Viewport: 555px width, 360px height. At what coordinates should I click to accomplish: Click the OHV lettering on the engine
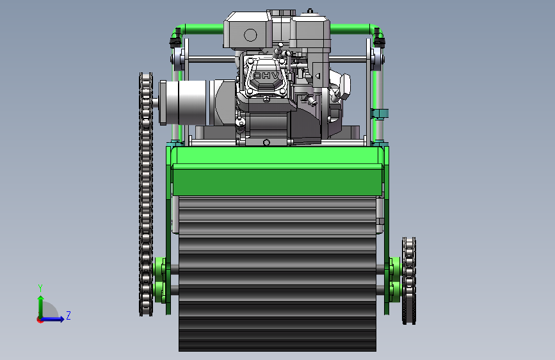pyautogui.click(x=266, y=76)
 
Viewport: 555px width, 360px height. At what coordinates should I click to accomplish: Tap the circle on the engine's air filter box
pyautogui.click(x=250, y=35)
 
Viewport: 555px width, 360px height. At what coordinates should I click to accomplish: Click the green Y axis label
pyautogui.click(x=40, y=288)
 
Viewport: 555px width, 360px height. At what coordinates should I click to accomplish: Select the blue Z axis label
pyautogui.click(x=68, y=315)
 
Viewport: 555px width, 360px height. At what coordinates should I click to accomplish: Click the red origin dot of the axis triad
pyautogui.click(x=39, y=320)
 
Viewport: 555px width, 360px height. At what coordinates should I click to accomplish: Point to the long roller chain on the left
pyautogui.click(x=146, y=194)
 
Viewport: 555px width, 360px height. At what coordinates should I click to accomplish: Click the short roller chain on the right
pyautogui.click(x=409, y=281)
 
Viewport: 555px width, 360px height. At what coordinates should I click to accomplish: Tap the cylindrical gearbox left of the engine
pyautogui.click(x=182, y=102)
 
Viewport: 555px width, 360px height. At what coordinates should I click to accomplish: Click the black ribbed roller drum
pyautogui.click(x=278, y=274)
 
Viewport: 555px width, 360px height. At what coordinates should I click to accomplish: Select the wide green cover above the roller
pyautogui.click(x=277, y=171)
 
